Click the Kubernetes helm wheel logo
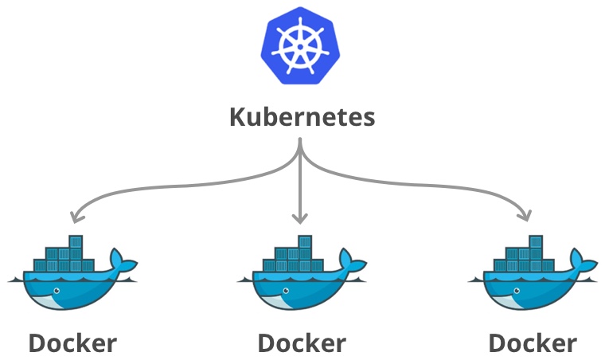[301, 47]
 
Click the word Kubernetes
[302, 117]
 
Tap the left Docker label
[72, 342]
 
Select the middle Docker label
[302, 342]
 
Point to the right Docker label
[532, 342]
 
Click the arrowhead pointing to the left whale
[74, 217]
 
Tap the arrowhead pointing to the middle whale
[300, 218]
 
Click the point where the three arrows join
[300, 147]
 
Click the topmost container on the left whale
[76, 241]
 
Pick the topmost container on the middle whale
[305, 241]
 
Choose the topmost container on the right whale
[535, 241]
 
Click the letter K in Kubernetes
[237, 117]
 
